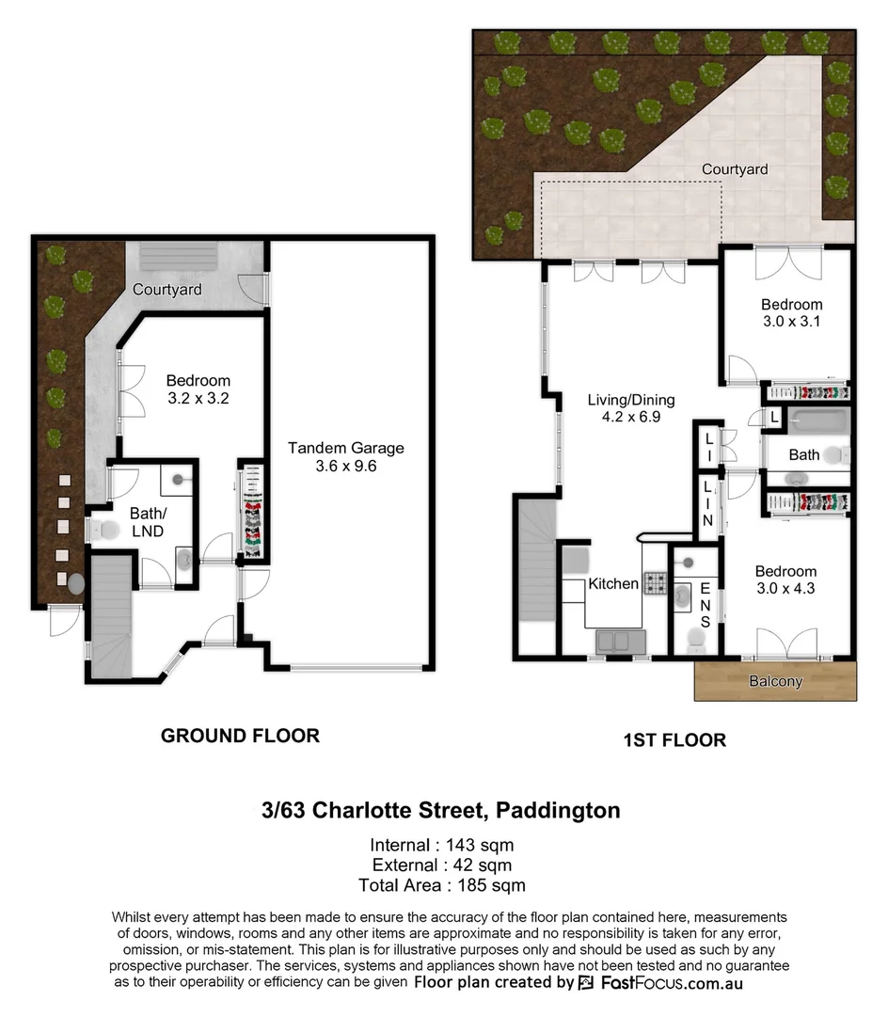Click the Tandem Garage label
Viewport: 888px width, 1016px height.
[345, 448]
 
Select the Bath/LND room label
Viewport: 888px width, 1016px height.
[146, 523]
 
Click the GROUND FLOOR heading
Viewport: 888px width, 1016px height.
[240, 736]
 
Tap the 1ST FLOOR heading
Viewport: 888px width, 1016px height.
[674, 739]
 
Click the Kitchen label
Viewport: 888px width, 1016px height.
[613, 583]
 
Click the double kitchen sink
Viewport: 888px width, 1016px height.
[621, 643]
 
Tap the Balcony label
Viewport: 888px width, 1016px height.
[775, 681]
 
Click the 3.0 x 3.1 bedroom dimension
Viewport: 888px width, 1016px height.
[791, 322]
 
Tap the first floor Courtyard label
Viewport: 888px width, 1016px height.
[735, 169]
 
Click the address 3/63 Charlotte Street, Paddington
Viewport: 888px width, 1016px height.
[441, 810]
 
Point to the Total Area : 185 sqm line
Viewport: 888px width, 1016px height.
[441, 885]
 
